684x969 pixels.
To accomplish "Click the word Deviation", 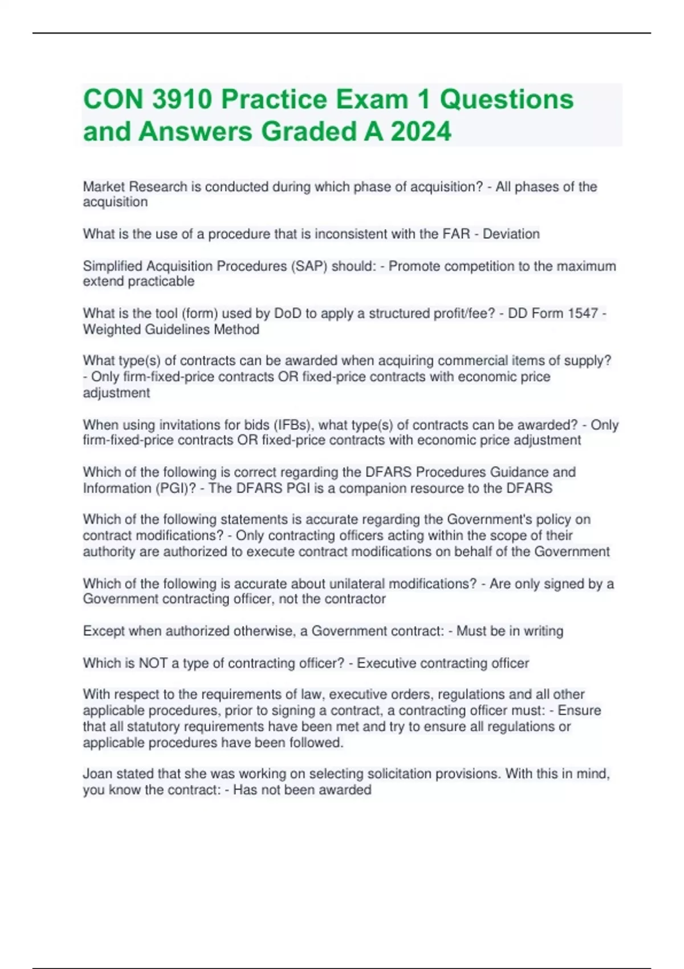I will (511, 234).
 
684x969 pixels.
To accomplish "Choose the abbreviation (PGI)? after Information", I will (174, 488).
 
